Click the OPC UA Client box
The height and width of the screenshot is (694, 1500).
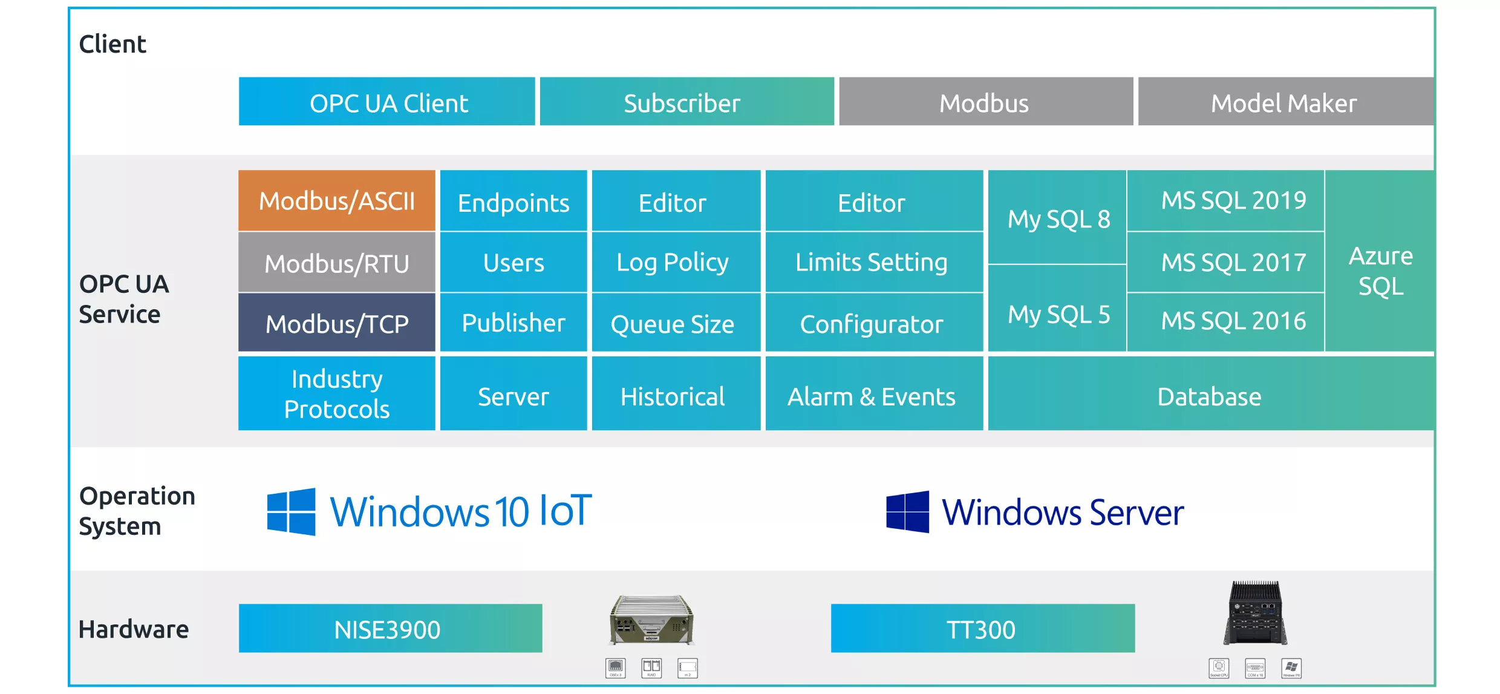tap(387, 102)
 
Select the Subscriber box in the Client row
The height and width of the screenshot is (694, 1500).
tap(686, 102)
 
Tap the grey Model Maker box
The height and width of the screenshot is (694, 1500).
tap(1285, 102)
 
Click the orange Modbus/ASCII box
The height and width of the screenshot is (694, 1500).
tap(337, 201)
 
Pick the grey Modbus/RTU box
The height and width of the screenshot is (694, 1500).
tap(337, 263)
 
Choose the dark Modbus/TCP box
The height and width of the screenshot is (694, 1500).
tap(337, 323)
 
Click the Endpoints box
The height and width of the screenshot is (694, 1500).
tap(514, 202)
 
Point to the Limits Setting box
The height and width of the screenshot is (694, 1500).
tap(874, 263)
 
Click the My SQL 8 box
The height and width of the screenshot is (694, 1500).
tap(1057, 218)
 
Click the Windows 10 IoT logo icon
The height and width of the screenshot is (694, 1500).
tap(291, 512)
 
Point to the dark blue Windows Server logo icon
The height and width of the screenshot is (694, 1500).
tap(907, 512)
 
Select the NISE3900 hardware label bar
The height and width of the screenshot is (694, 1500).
tap(390, 629)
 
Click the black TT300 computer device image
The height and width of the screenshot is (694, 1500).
tap(1256, 612)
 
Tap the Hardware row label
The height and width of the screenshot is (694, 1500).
tap(134, 629)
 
